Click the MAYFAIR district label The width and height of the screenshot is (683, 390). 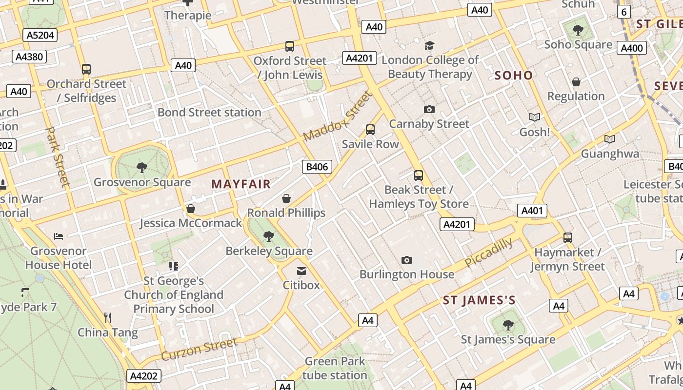pos(241,184)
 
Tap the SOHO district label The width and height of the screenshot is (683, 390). pos(514,75)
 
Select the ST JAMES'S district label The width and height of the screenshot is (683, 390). pos(479,300)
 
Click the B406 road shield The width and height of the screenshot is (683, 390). pos(317,167)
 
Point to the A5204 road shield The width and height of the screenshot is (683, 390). pos(40,35)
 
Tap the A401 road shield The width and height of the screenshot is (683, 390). pos(532,211)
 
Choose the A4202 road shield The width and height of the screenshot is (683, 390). pos(144,376)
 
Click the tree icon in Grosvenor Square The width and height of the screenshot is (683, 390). pos(142,168)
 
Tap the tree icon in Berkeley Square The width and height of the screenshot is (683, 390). pos(268,236)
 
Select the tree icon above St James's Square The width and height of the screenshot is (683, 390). pos(508,325)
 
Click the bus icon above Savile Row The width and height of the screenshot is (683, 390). pos(370,130)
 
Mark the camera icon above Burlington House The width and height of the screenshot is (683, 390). pos(406,260)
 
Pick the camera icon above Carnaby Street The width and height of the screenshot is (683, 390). pos(429,109)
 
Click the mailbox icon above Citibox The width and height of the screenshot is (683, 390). pos(301,271)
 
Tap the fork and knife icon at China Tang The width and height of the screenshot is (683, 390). pos(108,318)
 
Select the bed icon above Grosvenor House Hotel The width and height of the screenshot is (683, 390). pos(59,236)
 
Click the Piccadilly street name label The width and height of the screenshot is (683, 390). pos(488,253)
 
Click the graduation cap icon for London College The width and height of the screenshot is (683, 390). pos(429,46)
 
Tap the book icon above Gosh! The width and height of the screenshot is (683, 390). pos(535,117)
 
